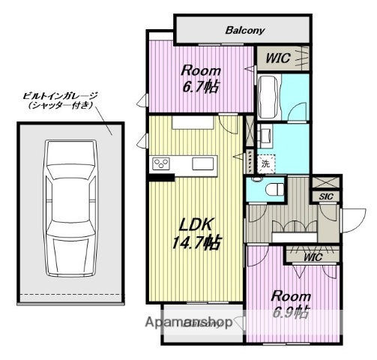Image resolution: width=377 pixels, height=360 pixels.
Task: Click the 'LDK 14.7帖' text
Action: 198,233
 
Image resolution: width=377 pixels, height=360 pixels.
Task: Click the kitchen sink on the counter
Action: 204,163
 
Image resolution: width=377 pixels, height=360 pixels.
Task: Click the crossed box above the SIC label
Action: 326,182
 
